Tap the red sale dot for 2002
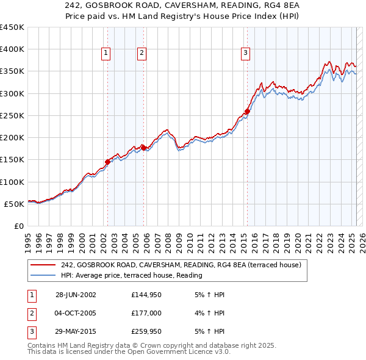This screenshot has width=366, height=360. pos(108,162)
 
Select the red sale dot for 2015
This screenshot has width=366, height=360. pos(247,111)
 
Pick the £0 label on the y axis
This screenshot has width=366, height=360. pos(18,226)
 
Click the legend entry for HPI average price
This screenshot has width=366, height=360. pos(131,275)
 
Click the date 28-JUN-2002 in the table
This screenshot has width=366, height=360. pos(76,295)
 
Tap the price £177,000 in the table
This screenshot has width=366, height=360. pos(146,314)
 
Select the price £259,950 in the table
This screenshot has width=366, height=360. pos(146,333)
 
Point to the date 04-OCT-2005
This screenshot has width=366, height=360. pos(76,314)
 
